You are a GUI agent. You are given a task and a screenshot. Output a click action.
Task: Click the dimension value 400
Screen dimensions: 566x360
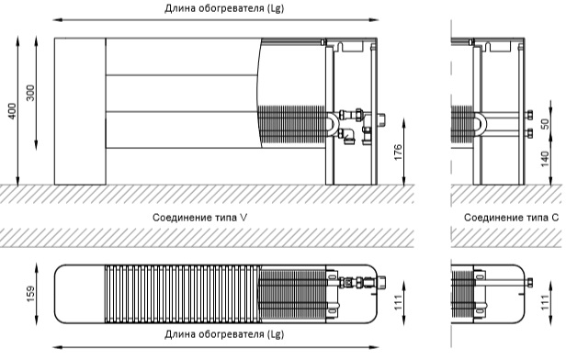tap(12, 111)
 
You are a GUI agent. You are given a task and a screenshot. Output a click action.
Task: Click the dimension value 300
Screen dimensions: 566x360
tap(31, 93)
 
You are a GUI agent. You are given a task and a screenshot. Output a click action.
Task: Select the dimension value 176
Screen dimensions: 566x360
tap(398, 152)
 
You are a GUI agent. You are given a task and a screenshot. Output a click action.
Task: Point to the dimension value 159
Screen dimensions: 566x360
tap(31, 294)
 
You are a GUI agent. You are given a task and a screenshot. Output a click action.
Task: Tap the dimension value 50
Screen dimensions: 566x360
tap(545, 124)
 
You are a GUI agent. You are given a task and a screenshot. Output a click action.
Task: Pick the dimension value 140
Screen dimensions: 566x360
tap(545, 159)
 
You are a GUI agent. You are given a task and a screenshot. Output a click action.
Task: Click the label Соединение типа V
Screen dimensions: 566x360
tap(200, 218)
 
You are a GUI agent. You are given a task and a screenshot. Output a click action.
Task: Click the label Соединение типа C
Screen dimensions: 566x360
tap(511, 218)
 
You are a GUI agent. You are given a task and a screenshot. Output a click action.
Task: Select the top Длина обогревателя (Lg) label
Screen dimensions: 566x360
tap(224, 8)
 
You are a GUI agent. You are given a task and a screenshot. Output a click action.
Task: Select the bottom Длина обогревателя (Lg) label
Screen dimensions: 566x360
tap(224, 334)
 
